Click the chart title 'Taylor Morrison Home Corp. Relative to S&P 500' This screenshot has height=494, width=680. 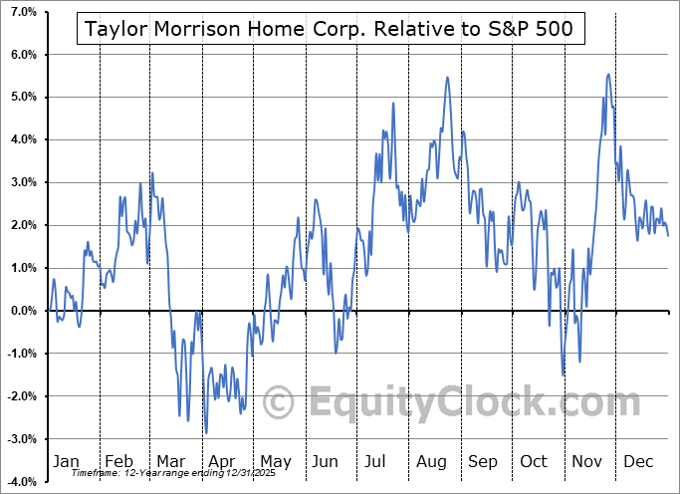point(330,29)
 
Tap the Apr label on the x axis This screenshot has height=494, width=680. point(222,461)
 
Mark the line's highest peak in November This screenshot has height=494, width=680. point(608,74)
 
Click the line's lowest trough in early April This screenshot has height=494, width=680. point(206,433)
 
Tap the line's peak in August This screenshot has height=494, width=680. point(448,77)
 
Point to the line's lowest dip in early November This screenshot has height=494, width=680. point(564,374)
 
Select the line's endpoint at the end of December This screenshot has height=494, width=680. point(668,236)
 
